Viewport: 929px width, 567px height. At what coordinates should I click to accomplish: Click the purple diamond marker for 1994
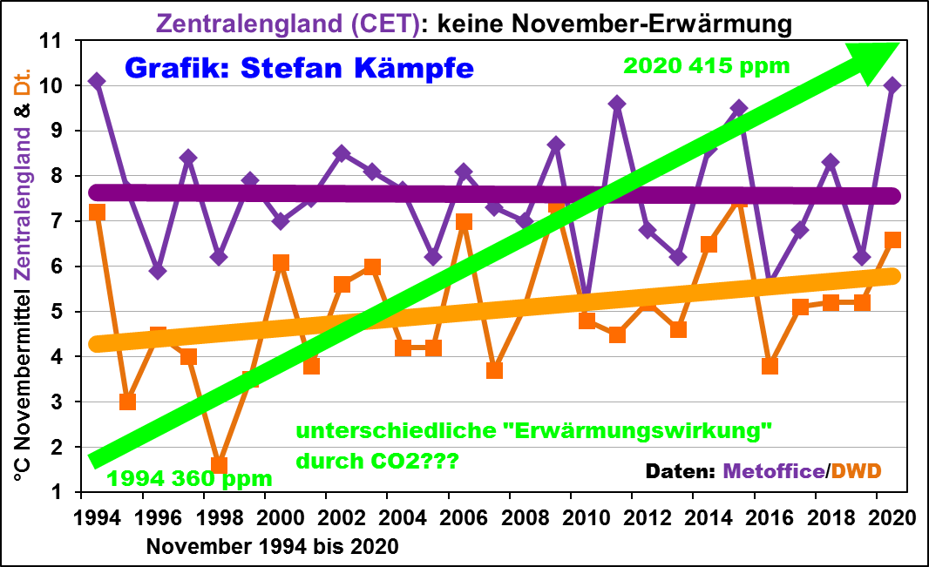click(x=97, y=81)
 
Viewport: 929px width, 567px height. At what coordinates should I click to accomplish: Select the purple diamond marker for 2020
click(x=892, y=85)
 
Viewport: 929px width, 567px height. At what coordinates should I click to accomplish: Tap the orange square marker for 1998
click(x=219, y=465)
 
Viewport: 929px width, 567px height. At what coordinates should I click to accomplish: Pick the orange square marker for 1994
click(x=97, y=213)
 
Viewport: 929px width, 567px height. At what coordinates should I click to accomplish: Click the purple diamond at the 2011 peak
click(x=617, y=104)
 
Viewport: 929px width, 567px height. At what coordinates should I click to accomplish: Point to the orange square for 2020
click(x=892, y=240)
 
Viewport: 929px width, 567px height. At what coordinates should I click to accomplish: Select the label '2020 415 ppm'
click(x=707, y=65)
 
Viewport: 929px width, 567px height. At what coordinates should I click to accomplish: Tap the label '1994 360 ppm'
click(x=190, y=478)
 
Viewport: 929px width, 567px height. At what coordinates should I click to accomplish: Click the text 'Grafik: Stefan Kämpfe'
click(x=299, y=67)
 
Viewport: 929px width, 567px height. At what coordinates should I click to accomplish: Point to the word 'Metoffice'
click(x=774, y=471)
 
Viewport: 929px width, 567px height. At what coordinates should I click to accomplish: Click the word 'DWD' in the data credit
click(x=857, y=471)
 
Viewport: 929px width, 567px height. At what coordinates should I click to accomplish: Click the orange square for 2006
click(x=464, y=221)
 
